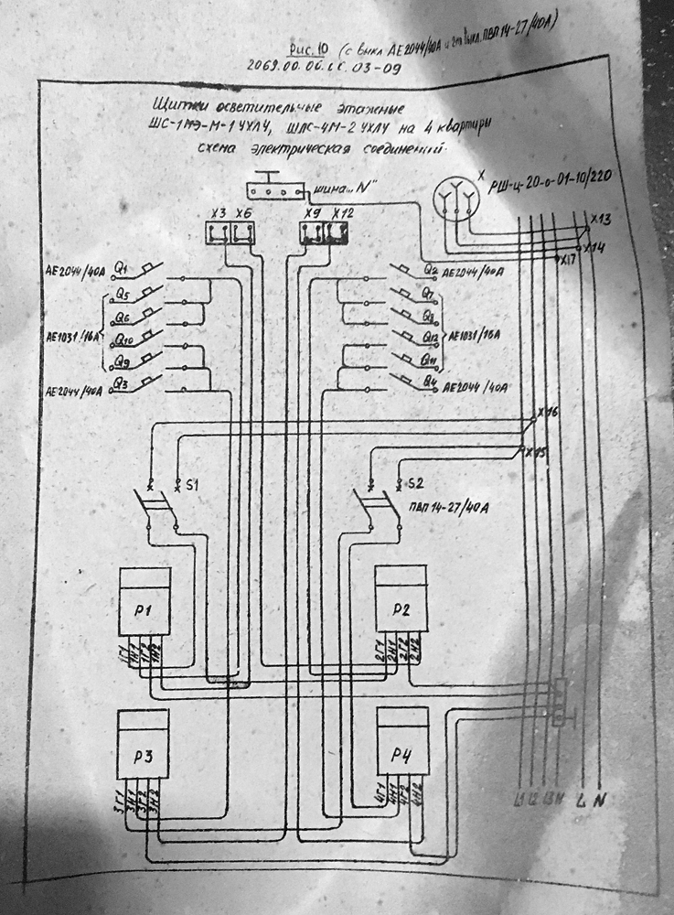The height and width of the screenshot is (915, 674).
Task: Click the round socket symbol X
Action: click(455, 196)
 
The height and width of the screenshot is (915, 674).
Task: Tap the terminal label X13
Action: click(600, 221)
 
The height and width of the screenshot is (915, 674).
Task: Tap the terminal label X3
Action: click(218, 214)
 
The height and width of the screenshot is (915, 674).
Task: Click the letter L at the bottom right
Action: click(581, 802)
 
